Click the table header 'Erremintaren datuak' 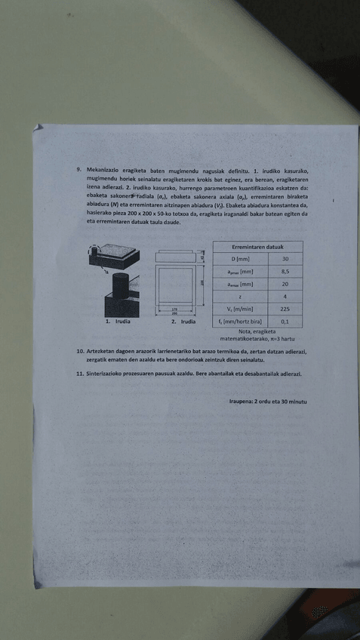point(257,247)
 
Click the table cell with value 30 point(285,259)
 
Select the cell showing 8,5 point(285,272)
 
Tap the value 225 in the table point(285,309)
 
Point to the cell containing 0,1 point(285,322)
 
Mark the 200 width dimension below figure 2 point(175,312)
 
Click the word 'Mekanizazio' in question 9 point(104,171)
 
